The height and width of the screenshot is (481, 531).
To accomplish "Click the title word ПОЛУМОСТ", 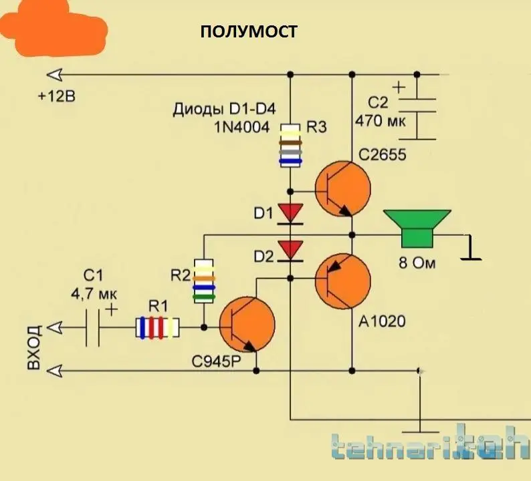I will tap(249, 31).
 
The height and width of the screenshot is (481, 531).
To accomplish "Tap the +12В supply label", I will tap(57, 96).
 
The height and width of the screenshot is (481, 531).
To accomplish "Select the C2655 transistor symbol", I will tap(342, 188).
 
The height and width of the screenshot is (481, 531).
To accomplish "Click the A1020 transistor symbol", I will tap(342, 281).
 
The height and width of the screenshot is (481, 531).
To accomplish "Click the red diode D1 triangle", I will tap(291, 213).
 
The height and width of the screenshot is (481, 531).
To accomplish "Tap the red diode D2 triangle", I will tap(291, 251).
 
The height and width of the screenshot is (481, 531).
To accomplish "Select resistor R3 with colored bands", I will tap(290, 144).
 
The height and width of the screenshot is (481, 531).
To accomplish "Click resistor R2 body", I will tap(204, 281).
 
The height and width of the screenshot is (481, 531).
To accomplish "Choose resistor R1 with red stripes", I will tap(157, 327).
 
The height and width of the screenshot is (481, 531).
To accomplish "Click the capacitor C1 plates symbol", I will tap(94, 327).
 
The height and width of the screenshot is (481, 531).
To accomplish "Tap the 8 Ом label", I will tap(417, 263).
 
